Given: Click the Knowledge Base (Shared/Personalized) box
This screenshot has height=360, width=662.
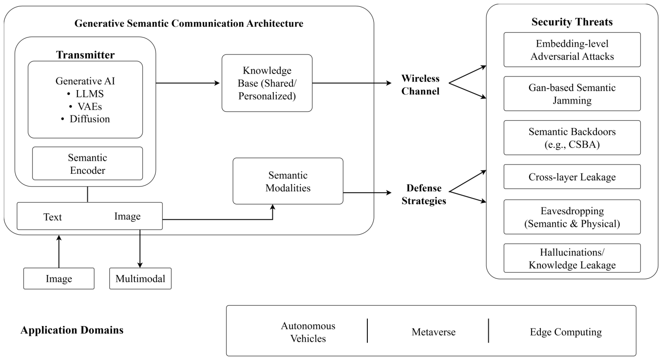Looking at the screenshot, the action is pyautogui.click(x=267, y=83).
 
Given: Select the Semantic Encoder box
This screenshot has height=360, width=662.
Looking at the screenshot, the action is pyautogui.click(x=88, y=163).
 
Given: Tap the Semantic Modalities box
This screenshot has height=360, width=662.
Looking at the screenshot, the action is pyautogui.click(x=288, y=181).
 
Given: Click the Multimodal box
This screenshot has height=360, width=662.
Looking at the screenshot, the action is pyautogui.click(x=140, y=278).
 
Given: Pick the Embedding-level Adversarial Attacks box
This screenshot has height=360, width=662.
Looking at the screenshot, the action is pyautogui.click(x=572, y=50).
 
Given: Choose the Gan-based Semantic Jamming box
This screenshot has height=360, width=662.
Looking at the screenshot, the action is pyautogui.click(x=572, y=94).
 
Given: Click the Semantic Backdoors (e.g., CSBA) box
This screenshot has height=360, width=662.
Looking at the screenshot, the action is pyautogui.click(x=572, y=138).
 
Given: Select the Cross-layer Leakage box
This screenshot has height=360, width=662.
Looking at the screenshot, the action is pyautogui.click(x=572, y=177).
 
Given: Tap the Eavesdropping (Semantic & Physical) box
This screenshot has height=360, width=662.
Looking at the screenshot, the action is pyautogui.click(x=572, y=217).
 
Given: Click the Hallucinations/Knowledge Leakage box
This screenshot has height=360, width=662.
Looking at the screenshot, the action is pyautogui.click(x=572, y=258).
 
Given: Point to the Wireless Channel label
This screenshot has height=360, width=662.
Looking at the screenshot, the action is pyautogui.click(x=420, y=85).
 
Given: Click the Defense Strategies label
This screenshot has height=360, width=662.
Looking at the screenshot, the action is pyautogui.click(x=424, y=194).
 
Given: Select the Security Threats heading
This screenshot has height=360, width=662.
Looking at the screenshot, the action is pyautogui.click(x=572, y=22).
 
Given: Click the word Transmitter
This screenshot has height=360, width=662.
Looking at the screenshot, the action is pyautogui.click(x=85, y=55).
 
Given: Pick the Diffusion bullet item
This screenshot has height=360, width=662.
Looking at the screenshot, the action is pyautogui.click(x=85, y=119).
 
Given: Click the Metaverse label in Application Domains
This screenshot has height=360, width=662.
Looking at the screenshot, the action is pyautogui.click(x=434, y=332).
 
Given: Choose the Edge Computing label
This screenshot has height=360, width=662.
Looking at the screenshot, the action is pyautogui.click(x=566, y=332).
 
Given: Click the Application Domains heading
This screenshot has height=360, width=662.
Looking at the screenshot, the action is pyautogui.click(x=72, y=330).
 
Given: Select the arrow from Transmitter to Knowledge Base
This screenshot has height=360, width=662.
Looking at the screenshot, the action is pyautogui.click(x=188, y=83).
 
